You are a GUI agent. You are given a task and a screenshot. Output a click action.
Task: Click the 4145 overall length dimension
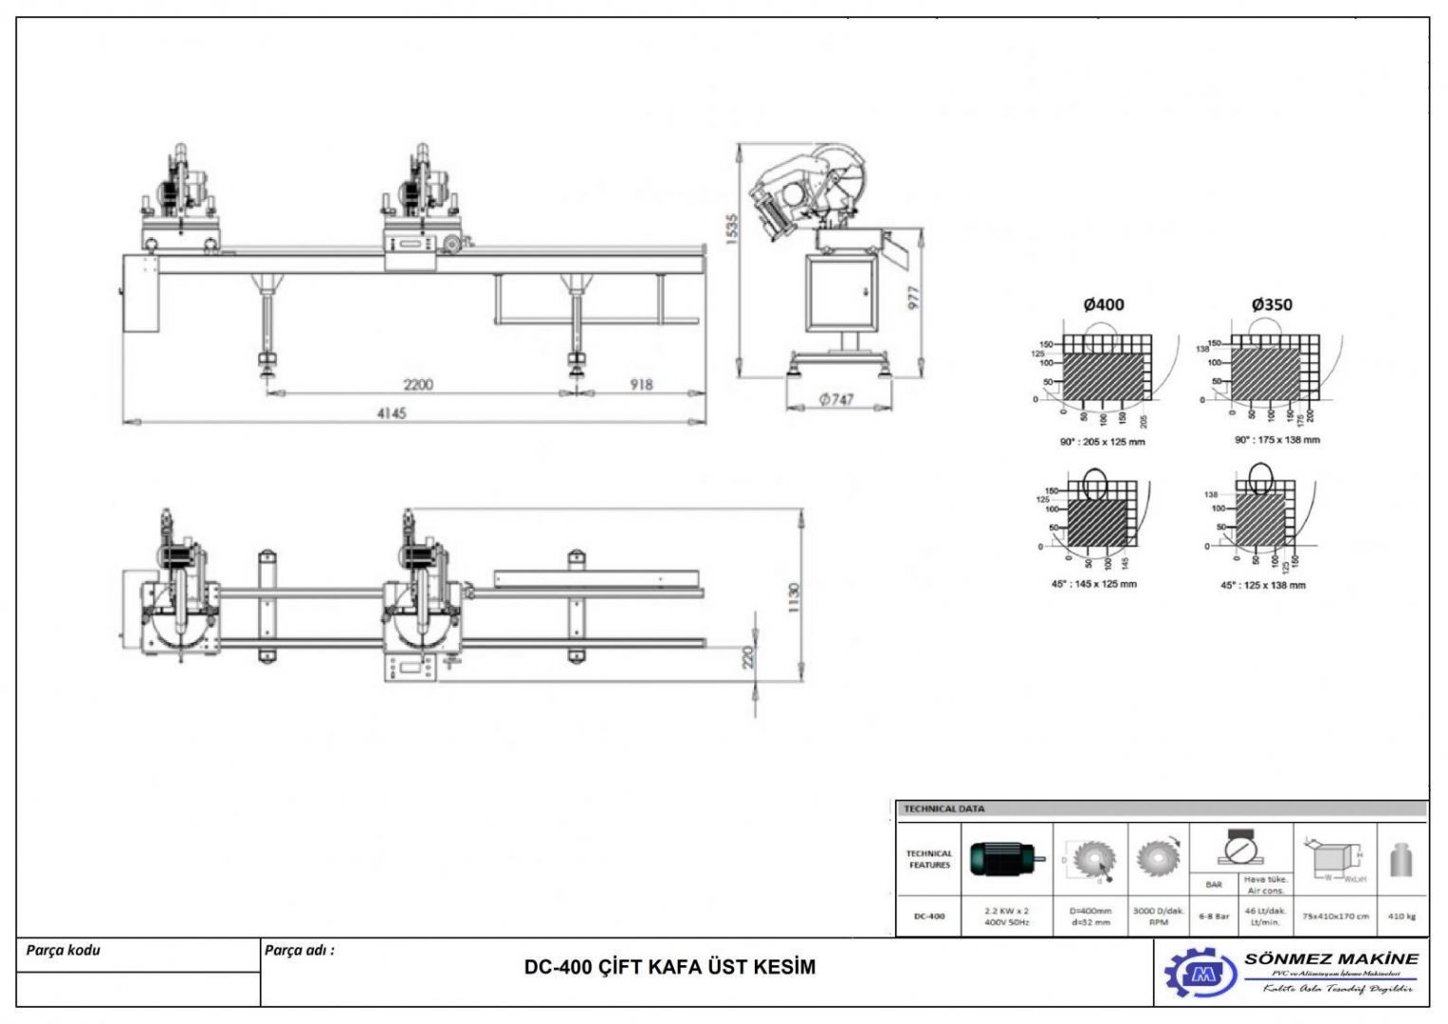point(391,413)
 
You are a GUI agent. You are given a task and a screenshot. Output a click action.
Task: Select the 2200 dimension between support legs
point(418,384)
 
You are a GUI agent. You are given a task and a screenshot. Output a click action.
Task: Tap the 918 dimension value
point(641,384)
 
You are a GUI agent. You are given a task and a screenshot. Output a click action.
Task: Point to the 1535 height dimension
point(731,229)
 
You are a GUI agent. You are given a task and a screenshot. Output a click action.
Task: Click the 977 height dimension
point(914,297)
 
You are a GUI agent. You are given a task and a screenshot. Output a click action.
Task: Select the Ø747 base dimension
point(836,400)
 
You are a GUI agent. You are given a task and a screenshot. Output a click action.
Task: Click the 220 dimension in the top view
point(747,657)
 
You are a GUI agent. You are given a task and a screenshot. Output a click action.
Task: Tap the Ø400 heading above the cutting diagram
point(1103,304)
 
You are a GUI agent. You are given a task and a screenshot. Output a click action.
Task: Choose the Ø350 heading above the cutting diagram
point(1271,304)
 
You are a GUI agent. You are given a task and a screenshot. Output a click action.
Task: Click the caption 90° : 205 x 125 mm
point(1102,442)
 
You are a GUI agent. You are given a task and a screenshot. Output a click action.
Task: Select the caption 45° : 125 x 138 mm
point(1262,585)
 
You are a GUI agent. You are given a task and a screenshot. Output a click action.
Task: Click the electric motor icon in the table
point(1007,859)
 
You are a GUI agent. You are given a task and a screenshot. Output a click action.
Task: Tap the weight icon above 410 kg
point(1401,861)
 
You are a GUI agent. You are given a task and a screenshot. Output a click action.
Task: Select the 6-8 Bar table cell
point(1213,916)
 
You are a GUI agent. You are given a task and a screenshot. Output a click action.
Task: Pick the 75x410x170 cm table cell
point(1335,916)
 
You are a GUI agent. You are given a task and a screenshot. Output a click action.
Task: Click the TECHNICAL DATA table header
point(944,809)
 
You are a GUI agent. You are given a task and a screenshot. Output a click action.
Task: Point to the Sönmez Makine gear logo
point(1201,973)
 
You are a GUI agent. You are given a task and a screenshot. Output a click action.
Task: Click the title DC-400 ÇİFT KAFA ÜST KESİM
point(669,967)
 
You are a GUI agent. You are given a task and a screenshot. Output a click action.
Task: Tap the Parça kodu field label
point(63,950)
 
